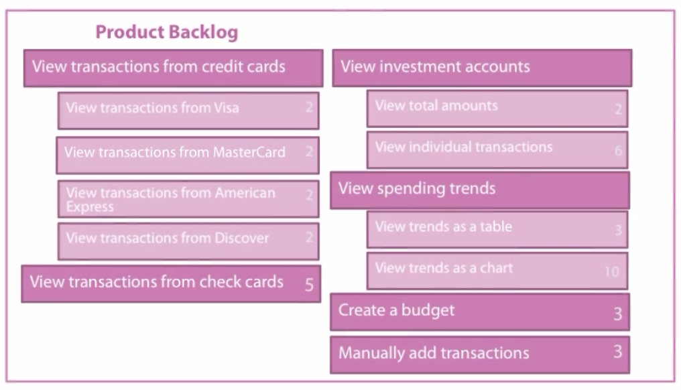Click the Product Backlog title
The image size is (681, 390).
coord(167,32)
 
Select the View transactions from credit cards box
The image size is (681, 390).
coord(174,68)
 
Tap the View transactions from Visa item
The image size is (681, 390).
coord(188,111)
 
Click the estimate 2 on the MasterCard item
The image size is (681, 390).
coord(309,151)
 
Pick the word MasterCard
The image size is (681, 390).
coord(249,152)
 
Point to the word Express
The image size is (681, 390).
coord(90,206)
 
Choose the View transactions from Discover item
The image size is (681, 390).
coord(188,241)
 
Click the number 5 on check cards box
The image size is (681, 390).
coord(309,285)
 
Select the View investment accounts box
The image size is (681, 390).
coord(482,68)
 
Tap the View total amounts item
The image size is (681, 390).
coord(497,109)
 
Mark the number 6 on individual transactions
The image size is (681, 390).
coord(619,151)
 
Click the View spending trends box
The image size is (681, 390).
coord(480,190)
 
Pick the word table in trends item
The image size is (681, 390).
coord(496,226)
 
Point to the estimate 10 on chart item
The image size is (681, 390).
coord(612,272)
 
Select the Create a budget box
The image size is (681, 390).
coord(480,312)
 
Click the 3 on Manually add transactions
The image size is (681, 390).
coord(617,351)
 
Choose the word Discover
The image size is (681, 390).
coord(242,238)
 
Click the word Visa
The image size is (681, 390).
coord(227,108)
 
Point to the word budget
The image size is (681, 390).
coord(428,310)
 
